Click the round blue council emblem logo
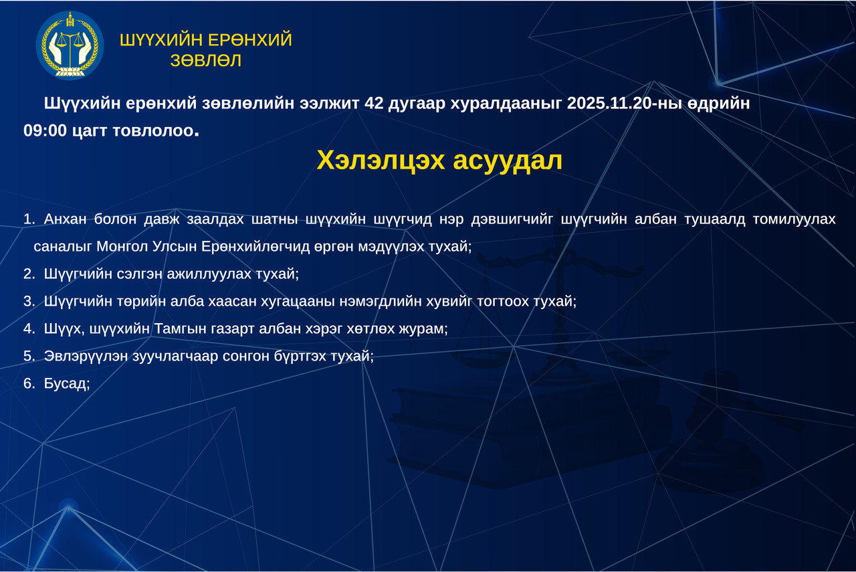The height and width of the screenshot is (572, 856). (x=70, y=45)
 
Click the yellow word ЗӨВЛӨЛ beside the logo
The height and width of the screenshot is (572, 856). (x=206, y=61)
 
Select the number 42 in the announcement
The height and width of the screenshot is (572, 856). (x=374, y=103)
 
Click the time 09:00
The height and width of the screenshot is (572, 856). (x=45, y=130)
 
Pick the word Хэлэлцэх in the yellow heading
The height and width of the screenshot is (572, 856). (x=381, y=160)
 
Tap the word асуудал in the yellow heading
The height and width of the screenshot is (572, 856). (x=508, y=161)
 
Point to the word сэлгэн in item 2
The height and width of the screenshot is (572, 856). (x=138, y=274)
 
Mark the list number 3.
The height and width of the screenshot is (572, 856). (x=28, y=301)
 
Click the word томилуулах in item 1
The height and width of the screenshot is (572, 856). (x=794, y=219)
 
